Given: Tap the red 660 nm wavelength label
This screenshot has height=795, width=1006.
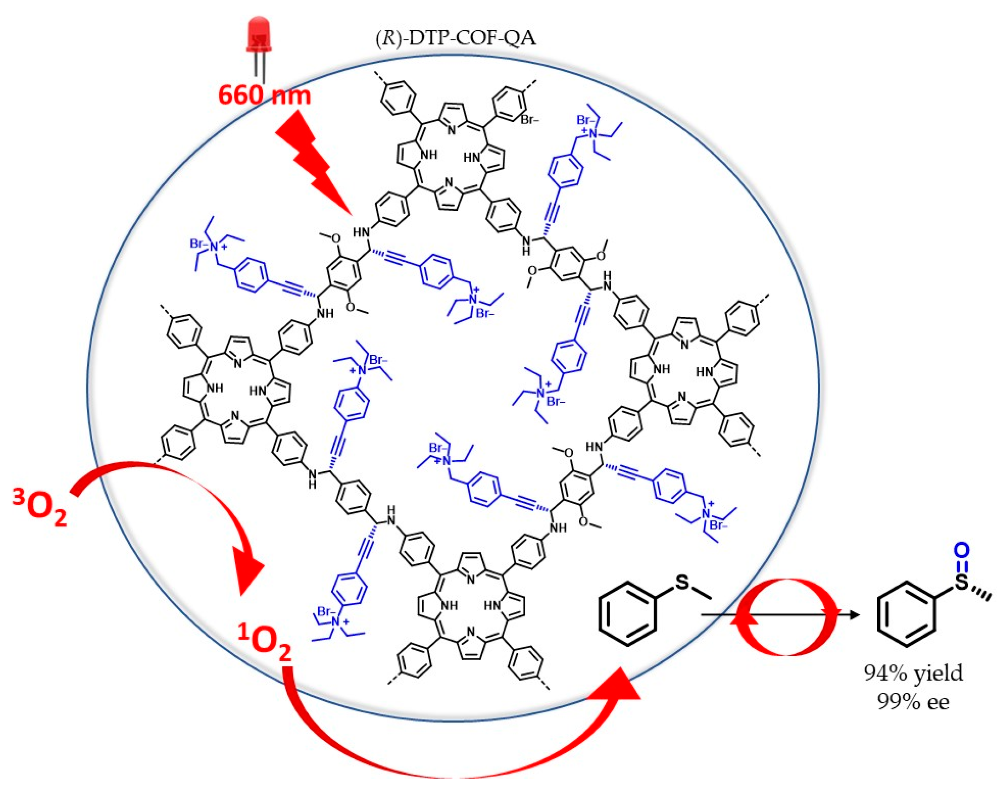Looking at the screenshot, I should point(264,95).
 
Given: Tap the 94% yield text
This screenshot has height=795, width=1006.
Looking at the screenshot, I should point(913,673).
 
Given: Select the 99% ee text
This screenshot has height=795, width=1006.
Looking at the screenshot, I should point(913,702).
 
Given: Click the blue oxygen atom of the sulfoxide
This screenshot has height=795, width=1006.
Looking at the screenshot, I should point(961,551).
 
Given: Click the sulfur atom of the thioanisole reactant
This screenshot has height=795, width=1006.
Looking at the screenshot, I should point(682,582).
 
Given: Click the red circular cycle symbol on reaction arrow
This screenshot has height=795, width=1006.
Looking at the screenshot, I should point(786,617).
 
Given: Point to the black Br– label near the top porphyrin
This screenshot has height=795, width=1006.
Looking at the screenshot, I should point(529,120).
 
